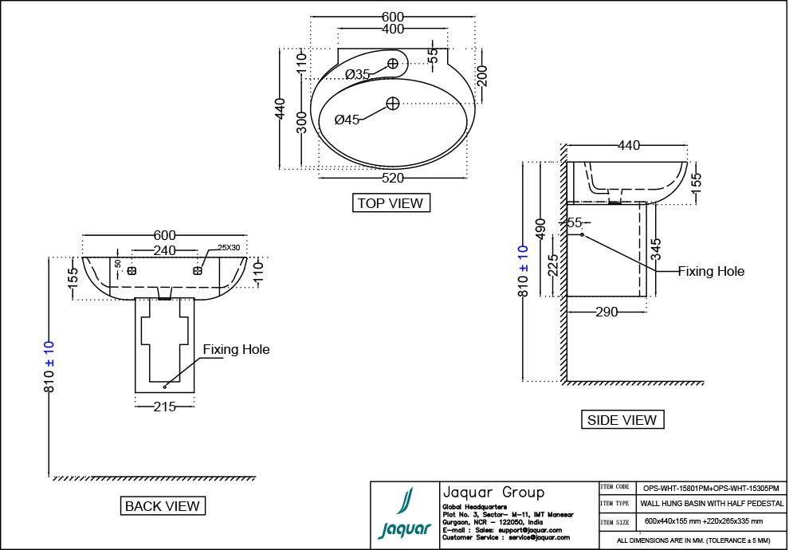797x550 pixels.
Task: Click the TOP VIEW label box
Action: point(391,203)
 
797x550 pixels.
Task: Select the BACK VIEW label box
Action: point(163,505)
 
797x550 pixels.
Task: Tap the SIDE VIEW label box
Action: point(622,419)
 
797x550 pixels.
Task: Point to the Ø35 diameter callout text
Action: point(358,74)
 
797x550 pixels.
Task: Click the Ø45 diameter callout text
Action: point(347,120)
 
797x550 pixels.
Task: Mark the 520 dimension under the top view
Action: point(392,178)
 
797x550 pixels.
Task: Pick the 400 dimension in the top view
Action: point(392,29)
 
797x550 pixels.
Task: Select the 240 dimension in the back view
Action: point(164,249)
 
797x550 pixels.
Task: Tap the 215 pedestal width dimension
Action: point(165,406)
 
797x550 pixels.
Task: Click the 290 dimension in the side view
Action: point(607,312)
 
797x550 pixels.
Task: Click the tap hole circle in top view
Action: point(393,63)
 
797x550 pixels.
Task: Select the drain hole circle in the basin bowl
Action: point(393,103)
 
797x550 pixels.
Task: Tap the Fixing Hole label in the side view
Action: point(711,271)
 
